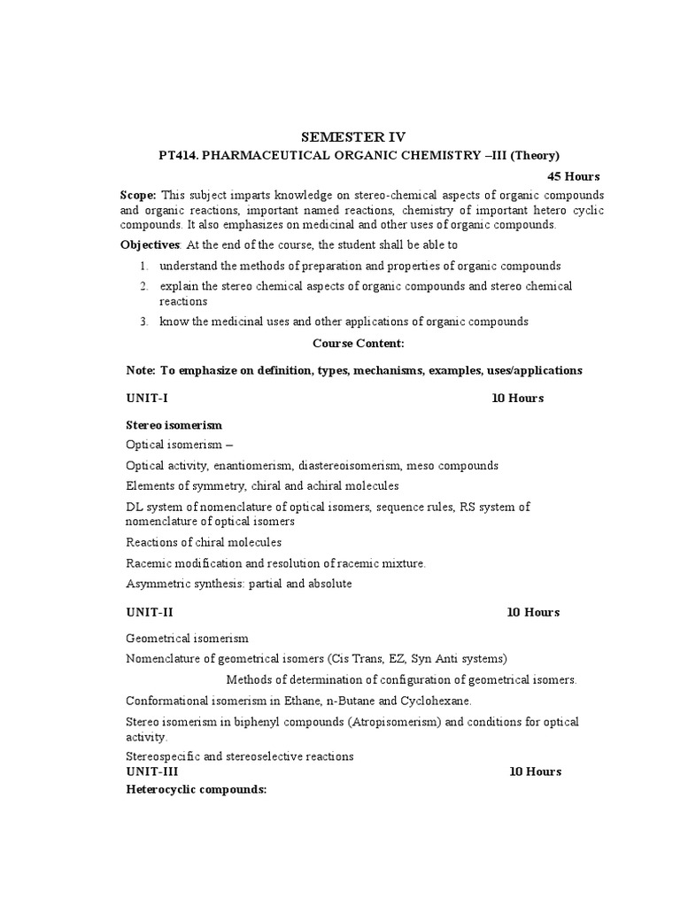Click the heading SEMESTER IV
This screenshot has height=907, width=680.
point(352,136)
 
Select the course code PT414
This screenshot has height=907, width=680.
point(178,155)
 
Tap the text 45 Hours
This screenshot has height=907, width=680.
point(573,176)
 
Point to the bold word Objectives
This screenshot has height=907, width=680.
point(150,244)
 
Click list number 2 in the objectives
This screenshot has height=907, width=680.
point(143,286)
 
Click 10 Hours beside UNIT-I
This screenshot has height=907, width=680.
point(517,398)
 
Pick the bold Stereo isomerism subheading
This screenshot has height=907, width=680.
point(174,425)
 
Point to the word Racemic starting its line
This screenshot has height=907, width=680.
point(148,562)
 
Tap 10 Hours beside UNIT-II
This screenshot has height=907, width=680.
point(533,612)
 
